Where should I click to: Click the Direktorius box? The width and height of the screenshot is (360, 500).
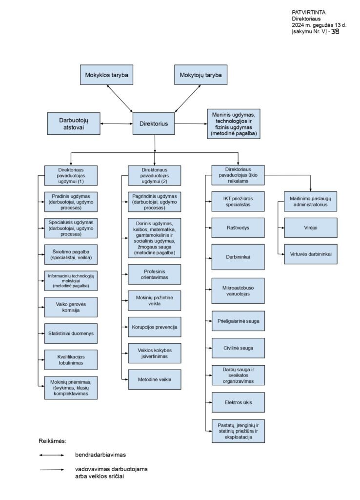[x=154, y=124]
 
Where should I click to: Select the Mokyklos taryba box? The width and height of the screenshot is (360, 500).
[x=106, y=75]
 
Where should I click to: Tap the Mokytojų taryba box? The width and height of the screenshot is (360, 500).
[x=200, y=75]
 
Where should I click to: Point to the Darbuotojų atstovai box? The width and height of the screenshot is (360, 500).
[x=74, y=124]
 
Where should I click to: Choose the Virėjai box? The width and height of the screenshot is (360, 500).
[x=311, y=228]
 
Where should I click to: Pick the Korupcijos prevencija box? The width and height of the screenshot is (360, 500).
[x=154, y=327]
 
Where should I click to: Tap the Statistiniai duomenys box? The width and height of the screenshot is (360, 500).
[x=71, y=333]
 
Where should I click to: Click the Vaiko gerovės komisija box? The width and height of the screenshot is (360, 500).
[x=71, y=307]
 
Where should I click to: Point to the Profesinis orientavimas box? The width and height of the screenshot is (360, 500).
[x=154, y=274]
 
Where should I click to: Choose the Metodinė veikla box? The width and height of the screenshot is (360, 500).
[x=154, y=379]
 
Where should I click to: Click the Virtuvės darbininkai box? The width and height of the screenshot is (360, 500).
[x=311, y=254]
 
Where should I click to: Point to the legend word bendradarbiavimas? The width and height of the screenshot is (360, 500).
[x=100, y=455]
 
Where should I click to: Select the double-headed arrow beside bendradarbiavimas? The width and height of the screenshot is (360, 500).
[x=52, y=455]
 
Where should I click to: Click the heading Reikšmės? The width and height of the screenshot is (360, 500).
[x=52, y=441]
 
